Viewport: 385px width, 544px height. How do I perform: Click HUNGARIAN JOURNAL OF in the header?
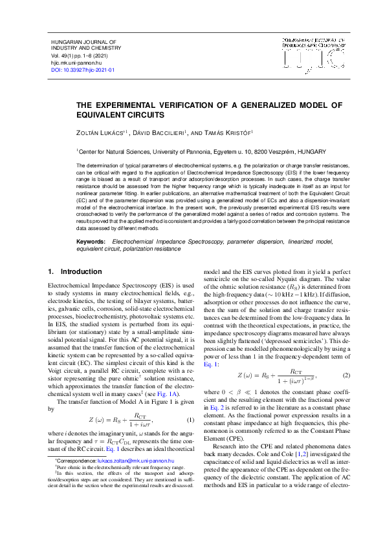[x=82, y=41]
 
